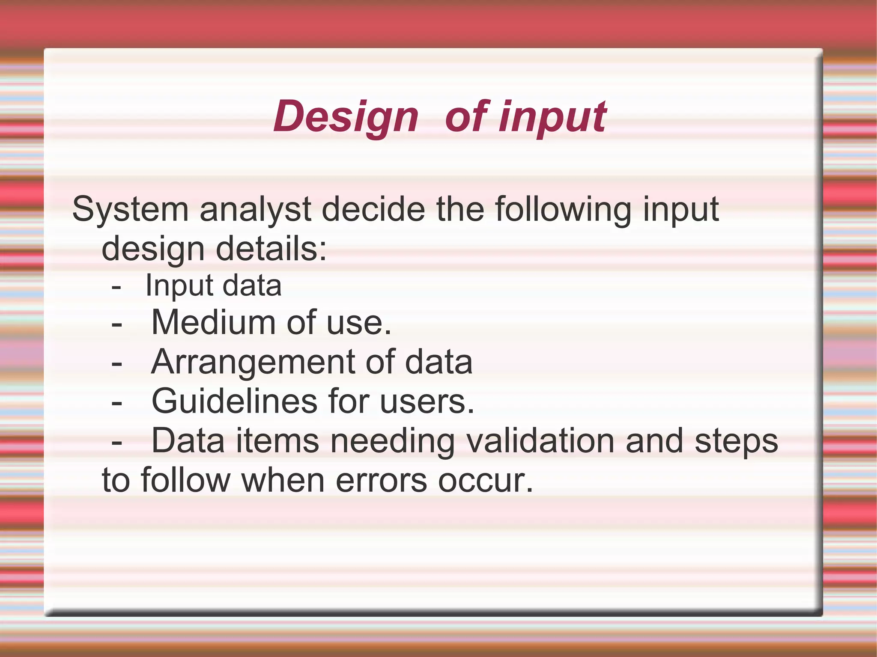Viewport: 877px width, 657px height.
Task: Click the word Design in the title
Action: point(346,116)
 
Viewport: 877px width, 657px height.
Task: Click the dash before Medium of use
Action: point(116,324)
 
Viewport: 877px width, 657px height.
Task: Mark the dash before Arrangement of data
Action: point(116,364)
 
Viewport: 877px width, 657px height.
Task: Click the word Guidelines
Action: point(234,401)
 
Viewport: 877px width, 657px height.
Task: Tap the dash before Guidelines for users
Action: point(116,403)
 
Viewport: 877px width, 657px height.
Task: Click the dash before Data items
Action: point(116,443)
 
